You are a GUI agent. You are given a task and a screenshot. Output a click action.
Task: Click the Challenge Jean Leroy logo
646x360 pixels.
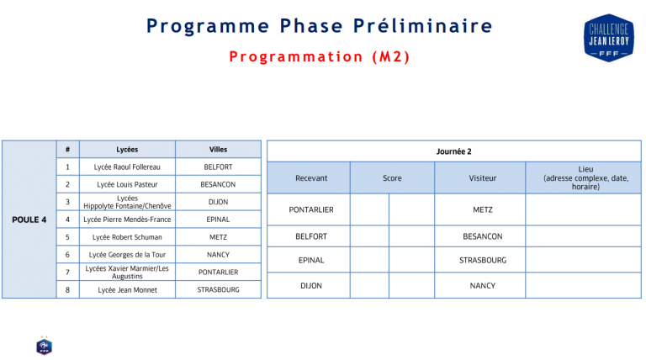pos(607,37)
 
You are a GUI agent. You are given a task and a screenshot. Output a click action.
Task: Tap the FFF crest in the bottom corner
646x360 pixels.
pos(44,345)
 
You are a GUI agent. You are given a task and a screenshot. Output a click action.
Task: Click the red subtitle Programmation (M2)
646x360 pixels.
pos(319,57)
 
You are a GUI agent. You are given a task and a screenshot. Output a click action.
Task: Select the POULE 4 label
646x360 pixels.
pos(29,220)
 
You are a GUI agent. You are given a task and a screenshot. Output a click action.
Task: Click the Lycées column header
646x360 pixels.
pos(128,149)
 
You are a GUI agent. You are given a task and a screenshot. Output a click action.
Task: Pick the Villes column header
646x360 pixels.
pos(218,149)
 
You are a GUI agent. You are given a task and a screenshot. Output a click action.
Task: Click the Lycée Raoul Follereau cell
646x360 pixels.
pos(128,167)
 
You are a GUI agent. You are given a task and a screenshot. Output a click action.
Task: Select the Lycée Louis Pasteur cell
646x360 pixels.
pos(128,184)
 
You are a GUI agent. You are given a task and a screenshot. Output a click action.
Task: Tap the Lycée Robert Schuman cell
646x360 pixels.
pos(128,237)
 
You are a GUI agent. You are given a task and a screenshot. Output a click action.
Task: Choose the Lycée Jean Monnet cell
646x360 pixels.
pos(128,289)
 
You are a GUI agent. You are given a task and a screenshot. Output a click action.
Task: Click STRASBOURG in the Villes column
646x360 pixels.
pos(218,289)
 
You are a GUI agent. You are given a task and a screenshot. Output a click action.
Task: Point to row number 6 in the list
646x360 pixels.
pos(67,254)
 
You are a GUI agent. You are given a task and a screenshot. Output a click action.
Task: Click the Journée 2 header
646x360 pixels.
pos(453,151)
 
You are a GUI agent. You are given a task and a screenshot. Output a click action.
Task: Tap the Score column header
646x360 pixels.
pos(392,178)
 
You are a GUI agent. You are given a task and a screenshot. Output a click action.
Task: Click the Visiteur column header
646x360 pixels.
pos(482,178)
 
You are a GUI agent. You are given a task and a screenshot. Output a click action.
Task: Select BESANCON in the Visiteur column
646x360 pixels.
pos(482,236)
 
